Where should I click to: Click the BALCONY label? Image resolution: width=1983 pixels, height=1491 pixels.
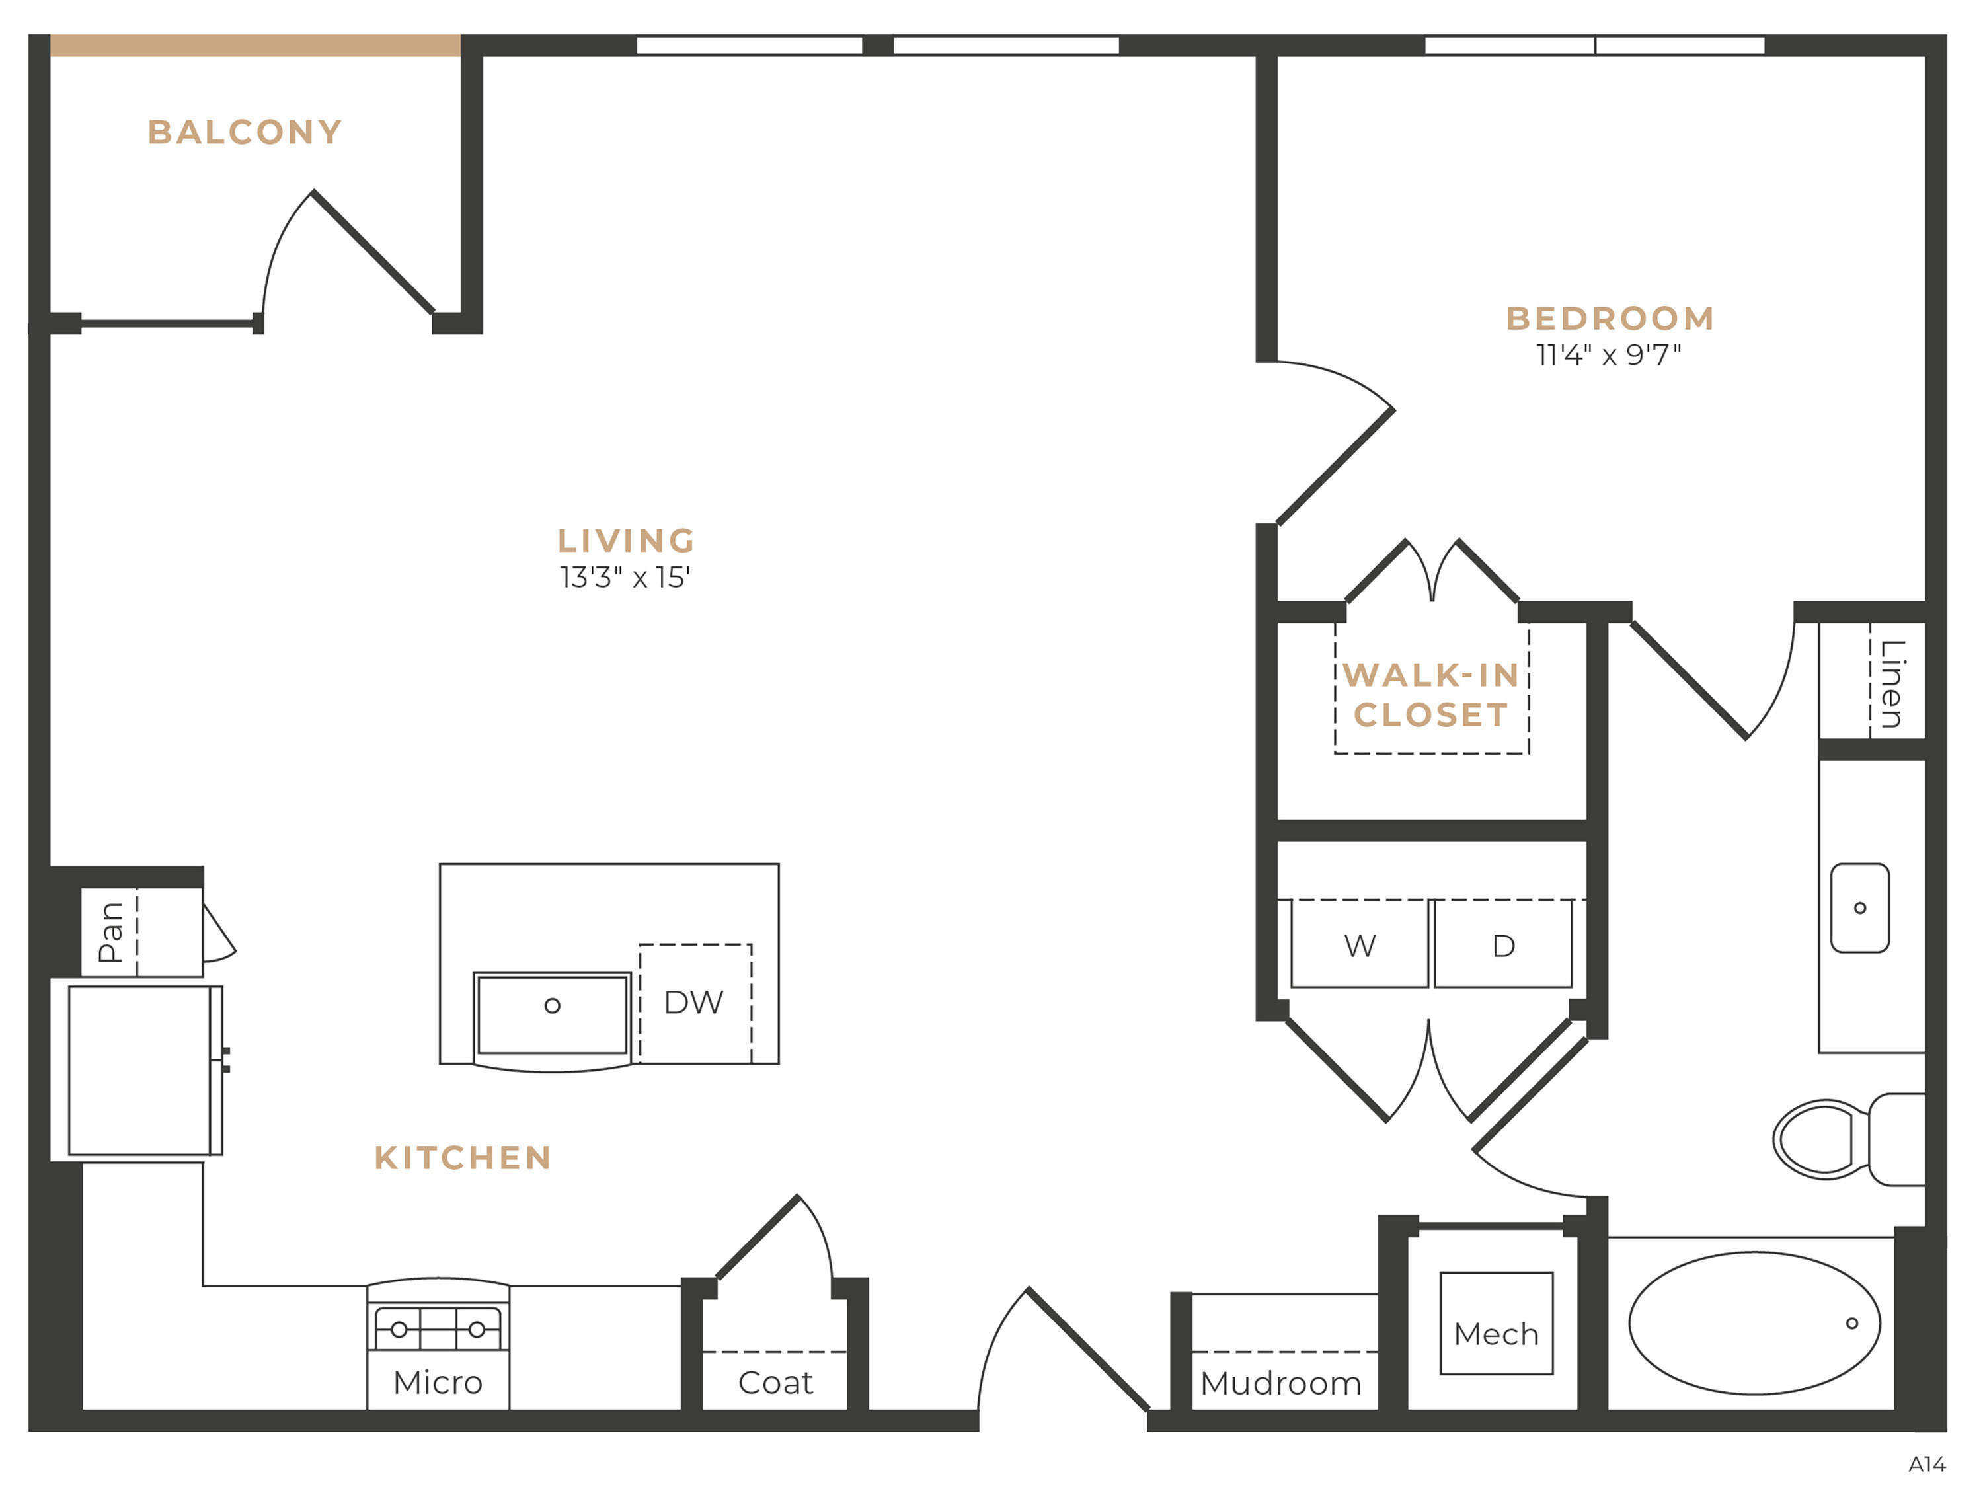245,133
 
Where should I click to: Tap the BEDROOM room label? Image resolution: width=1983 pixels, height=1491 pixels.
1610,319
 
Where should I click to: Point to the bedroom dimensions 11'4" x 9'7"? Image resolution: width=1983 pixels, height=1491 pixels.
1609,355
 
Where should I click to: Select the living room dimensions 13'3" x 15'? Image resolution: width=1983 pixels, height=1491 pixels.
625,578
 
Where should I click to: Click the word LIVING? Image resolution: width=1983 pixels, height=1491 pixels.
627,541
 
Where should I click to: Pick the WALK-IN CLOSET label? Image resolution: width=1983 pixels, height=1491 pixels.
1432,695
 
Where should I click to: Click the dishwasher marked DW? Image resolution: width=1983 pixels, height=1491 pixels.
695,1003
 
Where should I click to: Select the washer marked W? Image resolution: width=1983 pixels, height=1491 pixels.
1360,944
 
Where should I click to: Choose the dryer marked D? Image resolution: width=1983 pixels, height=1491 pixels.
1503,944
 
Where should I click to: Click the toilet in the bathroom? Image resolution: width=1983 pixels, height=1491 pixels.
1849,1139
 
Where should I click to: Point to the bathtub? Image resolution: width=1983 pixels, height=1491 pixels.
1754,1323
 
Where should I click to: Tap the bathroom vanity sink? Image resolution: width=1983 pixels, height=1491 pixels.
1860,908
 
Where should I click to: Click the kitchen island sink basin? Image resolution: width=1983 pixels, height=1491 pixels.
552,1015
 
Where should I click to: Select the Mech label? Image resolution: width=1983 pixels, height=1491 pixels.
1497,1334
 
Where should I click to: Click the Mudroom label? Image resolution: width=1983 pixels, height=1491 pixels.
1281,1383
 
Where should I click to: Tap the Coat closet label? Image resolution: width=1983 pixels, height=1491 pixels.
775,1383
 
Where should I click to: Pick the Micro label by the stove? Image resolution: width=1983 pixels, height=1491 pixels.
438,1383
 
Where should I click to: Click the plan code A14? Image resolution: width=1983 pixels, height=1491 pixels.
1927,1464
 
